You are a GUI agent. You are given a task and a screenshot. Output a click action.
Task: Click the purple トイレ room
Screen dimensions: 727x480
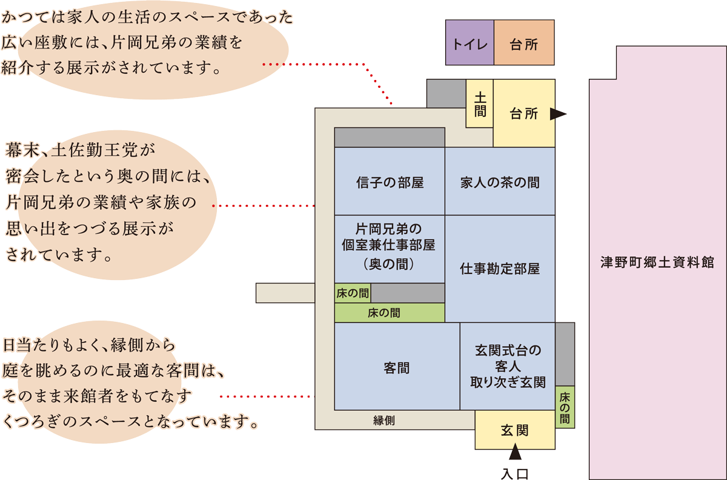click(x=470, y=42)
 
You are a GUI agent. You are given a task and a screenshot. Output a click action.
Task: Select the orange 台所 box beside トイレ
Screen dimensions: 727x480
click(x=524, y=42)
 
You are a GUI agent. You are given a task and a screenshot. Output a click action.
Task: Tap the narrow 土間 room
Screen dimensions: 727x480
click(x=480, y=104)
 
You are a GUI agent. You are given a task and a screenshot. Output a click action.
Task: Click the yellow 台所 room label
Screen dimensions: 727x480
click(x=524, y=114)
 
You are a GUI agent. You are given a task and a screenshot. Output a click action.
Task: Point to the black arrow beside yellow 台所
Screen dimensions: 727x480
click(x=558, y=114)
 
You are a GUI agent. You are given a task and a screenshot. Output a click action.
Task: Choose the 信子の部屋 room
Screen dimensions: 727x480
click(x=390, y=181)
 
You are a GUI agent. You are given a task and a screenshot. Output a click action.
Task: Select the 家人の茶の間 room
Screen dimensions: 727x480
click(x=500, y=181)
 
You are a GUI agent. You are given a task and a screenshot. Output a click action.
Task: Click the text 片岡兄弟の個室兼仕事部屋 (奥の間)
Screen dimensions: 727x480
click(x=388, y=247)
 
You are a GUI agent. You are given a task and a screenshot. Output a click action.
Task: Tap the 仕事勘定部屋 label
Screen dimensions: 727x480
click(x=500, y=268)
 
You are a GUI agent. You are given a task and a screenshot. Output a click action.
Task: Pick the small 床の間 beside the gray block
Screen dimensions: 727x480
click(x=353, y=293)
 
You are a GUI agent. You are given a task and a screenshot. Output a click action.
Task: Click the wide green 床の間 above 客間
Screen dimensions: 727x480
click(x=390, y=313)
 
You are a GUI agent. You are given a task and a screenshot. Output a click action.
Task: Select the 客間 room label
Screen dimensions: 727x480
click(x=397, y=368)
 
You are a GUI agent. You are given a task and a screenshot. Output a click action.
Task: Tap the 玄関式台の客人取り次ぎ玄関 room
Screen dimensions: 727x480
click(x=508, y=366)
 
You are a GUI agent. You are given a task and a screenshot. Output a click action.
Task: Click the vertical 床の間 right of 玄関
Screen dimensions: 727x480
click(x=565, y=407)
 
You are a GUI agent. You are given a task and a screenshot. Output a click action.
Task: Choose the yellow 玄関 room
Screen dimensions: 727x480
click(x=515, y=430)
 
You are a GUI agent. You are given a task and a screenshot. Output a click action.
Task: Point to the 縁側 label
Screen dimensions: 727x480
click(x=384, y=421)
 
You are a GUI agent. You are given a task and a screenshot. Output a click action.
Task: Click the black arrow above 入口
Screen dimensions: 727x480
click(x=515, y=452)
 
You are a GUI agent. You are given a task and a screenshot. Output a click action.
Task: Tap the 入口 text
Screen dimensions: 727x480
click(x=515, y=474)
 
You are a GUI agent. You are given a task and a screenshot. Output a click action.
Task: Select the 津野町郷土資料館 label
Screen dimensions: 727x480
click(x=657, y=262)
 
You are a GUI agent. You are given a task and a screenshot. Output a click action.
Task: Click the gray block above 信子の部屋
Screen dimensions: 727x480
click(x=390, y=138)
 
